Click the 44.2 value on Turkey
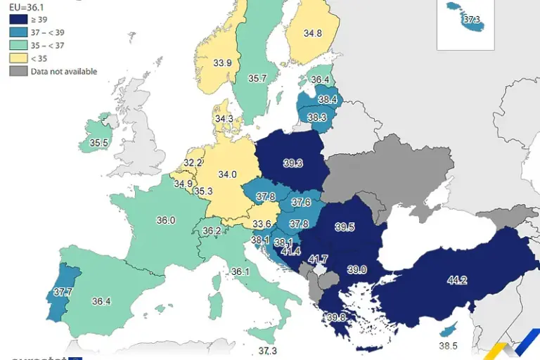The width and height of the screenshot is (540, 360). pos(457,281)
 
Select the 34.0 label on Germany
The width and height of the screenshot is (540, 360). pos(227,174)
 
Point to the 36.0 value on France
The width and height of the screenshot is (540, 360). pos(166,220)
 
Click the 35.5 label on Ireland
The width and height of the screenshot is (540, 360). pos(98,143)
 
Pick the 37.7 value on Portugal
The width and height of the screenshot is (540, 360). pos(63,292)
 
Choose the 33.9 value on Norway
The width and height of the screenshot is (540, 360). pos(223,63)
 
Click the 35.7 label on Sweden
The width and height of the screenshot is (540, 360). pos(257,79)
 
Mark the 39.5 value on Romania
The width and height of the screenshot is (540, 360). pos(345,227)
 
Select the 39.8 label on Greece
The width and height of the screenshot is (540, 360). pos(337,317)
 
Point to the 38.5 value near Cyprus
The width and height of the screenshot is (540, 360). pos(449,346)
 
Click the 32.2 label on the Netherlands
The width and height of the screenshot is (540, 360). pos(193,162)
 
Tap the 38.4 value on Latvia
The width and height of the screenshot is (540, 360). pos(328,100)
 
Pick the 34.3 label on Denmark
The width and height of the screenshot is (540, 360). pos(224,119)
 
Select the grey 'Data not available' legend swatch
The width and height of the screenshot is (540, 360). pos(18,71)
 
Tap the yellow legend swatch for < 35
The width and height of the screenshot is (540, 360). pos(18,58)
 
